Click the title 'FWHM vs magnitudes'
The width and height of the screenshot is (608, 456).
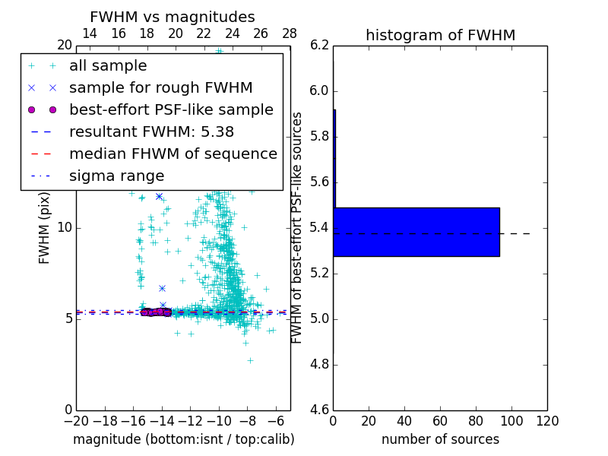click(172, 17)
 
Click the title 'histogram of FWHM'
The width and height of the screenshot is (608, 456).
click(440, 35)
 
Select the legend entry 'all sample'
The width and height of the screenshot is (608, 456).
click(108, 66)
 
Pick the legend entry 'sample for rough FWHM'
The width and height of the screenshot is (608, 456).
click(160, 87)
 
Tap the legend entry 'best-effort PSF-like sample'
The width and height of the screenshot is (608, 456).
click(171, 109)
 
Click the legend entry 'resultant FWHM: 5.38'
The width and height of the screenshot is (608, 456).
click(151, 131)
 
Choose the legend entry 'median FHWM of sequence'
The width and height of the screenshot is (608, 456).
click(173, 154)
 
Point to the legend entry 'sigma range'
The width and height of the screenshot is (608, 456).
click(116, 176)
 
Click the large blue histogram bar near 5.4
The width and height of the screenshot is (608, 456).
click(416, 232)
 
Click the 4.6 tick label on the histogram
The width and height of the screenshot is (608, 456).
click(318, 410)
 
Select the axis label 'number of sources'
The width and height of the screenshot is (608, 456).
click(440, 439)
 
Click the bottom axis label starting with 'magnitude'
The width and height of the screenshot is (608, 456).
click(183, 439)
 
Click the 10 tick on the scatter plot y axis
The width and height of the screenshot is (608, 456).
click(65, 227)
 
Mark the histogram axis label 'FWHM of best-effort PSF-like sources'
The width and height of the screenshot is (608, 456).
click(297, 227)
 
